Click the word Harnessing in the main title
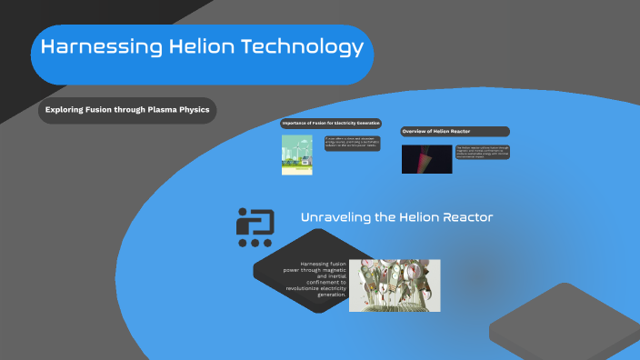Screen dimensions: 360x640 click(88, 49)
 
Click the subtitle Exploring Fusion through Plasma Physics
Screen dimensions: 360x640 click(127, 111)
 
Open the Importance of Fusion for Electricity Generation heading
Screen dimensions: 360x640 click(331, 123)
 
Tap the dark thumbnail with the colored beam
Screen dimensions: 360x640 click(426, 159)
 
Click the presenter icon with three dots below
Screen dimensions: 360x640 click(255, 227)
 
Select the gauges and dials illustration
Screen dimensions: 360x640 click(395, 285)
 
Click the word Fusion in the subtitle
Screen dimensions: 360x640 click(96, 111)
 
